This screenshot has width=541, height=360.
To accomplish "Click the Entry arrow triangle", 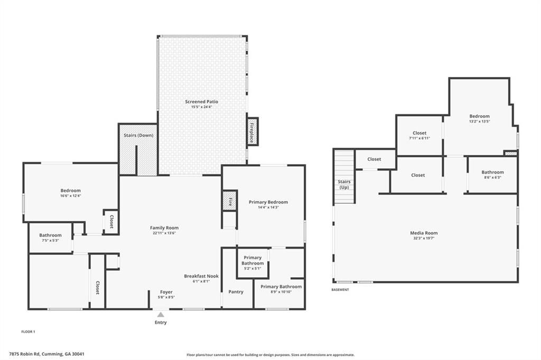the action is click(161, 314).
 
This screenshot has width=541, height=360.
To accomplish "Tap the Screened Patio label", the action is click(201, 102).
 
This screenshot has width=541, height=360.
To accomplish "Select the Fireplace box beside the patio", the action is click(253, 131).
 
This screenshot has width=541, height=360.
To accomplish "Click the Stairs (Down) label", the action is click(138, 135).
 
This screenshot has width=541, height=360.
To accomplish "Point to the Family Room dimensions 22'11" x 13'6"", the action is click(164, 233).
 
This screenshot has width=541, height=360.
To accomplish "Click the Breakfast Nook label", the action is click(201, 276).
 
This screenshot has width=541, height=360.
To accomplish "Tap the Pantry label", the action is click(236, 292).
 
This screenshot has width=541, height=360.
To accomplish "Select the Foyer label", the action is click(166, 292).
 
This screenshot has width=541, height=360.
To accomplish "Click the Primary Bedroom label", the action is click(268, 202).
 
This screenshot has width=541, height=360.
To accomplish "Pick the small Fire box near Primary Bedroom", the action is click(230, 201).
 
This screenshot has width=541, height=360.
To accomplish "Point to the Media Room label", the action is click(424, 233).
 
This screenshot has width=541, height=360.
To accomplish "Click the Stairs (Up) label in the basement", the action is click(344, 184).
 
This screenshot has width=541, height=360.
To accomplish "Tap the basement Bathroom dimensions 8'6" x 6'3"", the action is click(493, 177).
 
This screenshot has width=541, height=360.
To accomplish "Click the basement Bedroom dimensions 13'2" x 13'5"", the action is click(480, 121).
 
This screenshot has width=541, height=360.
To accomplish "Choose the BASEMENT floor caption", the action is click(340, 290).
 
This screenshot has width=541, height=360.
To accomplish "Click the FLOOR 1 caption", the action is click(29, 331).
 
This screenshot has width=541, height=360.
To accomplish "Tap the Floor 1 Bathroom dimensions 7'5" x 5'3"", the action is click(50, 240).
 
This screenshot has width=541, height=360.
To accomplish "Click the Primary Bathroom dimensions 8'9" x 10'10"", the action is click(281, 292).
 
